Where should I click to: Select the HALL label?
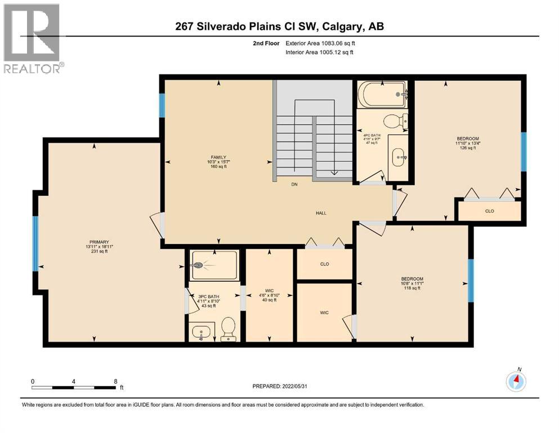click(x=321, y=213)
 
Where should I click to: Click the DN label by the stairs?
click(x=294, y=184)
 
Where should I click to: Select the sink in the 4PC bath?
click(x=397, y=153)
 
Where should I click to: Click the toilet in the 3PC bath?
click(x=229, y=329)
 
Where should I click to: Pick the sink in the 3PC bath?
click(x=201, y=332)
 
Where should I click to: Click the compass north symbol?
click(x=516, y=381)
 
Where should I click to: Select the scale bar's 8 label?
click(x=115, y=381)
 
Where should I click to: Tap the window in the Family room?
click(x=162, y=105)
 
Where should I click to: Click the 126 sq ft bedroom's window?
click(x=523, y=151)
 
